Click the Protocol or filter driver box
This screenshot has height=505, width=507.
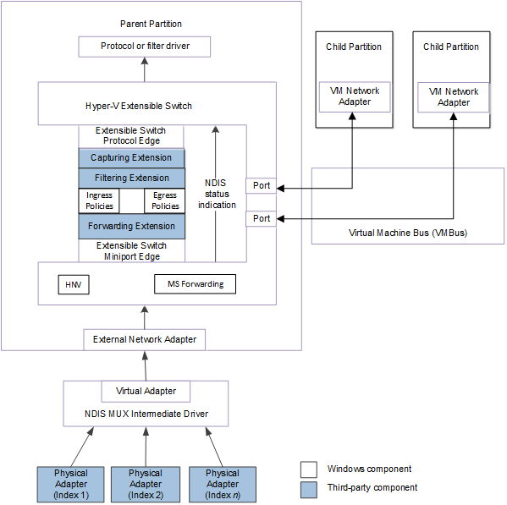(x=144, y=47)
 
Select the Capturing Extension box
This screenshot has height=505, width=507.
(x=131, y=158)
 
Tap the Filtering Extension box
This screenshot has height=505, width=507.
(x=131, y=178)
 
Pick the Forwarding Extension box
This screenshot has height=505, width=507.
(x=131, y=226)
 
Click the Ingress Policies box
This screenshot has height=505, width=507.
(x=99, y=200)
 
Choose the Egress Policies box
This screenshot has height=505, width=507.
(x=165, y=200)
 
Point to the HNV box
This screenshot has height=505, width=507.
(x=74, y=284)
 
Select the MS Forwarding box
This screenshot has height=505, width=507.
(x=196, y=284)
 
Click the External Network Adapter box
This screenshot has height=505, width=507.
(x=145, y=340)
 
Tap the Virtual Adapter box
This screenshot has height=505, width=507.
(x=146, y=392)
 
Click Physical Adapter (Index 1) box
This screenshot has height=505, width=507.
(x=70, y=484)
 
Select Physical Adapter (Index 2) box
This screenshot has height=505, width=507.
(x=146, y=484)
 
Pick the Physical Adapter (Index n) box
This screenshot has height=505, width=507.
(x=222, y=484)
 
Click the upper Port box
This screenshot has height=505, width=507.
(x=262, y=186)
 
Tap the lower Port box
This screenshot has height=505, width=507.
(x=262, y=219)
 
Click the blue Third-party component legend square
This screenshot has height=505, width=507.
(x=309, y=487)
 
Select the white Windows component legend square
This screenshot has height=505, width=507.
(x=309, y=469)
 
